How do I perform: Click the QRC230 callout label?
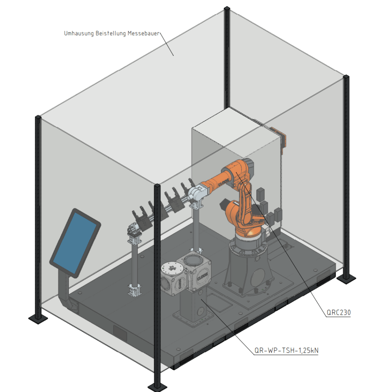(x=339, y=312)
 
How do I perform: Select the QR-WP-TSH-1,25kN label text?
(x=286, y=350)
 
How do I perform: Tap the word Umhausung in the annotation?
(x=79, y=33)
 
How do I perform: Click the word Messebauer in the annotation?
(x=144, y=33)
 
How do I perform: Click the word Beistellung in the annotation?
(x=111, y=33)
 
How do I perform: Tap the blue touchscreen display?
(x=75, y=243)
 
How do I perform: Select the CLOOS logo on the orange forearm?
(x=223, y=182)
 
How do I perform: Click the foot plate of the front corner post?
(x=157, y=387)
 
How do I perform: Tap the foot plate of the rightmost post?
(x=346, y=278)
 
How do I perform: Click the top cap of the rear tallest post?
(x=227, y=8)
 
